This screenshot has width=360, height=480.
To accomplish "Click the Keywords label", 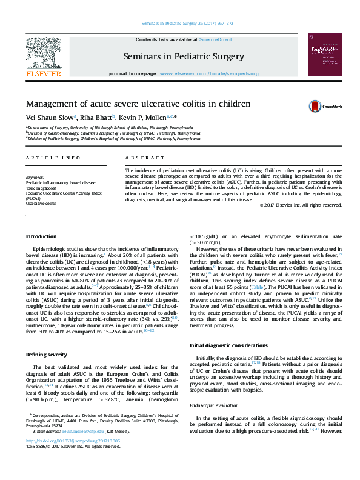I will pos(35,176).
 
